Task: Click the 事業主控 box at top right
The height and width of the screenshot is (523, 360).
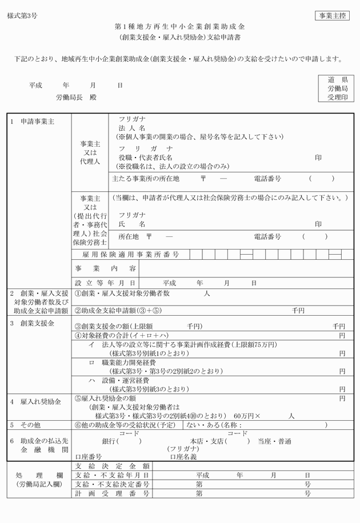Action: (331, 15)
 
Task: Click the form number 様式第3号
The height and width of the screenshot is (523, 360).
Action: (22, 16)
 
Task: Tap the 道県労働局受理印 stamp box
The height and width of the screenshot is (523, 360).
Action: (337, 88)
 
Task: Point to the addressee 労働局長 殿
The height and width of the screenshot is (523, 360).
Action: (76, 98)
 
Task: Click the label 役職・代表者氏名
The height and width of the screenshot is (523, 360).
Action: (145, 157)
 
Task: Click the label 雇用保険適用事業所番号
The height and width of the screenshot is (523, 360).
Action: (126, 254)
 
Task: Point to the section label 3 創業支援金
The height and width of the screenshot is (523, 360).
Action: (33, 324)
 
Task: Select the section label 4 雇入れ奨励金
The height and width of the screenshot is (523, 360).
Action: (35, 402)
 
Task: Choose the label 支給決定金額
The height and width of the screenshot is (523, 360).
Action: (112, 466)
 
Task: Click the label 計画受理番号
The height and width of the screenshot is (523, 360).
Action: (112, 493)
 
